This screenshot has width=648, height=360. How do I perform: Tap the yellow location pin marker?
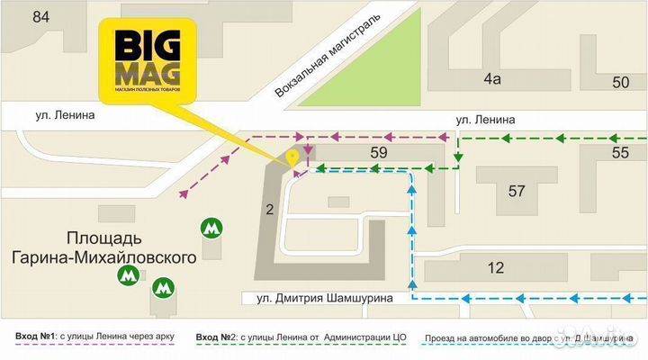pos(292,158)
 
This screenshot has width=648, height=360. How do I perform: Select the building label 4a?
pos(491,79)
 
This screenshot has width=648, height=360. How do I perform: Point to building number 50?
pos(620,83)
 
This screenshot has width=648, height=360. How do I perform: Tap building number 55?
pos(620,153)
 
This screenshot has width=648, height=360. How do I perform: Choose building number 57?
pos(517,191)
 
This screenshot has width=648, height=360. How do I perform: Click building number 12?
pos(495,267)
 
